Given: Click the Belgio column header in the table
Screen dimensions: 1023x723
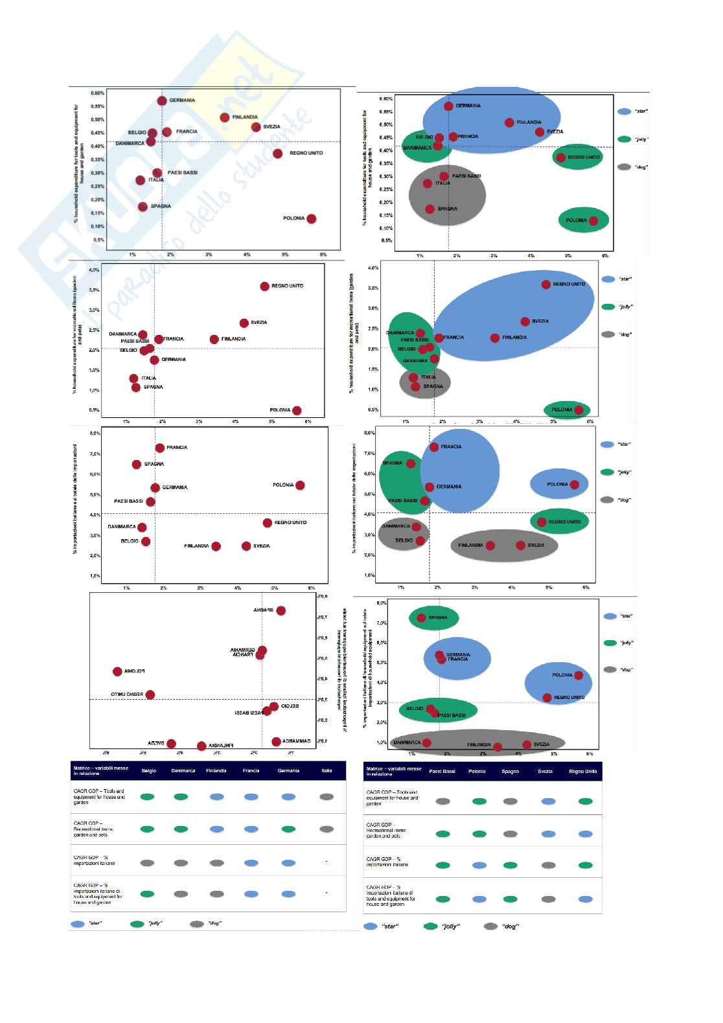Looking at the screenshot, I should [x=148, y=770].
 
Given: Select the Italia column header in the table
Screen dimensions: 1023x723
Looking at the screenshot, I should [x=327, y=770].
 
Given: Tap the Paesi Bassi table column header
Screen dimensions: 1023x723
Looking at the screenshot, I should [x=443, y=771].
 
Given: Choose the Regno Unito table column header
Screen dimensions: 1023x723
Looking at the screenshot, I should [x=583, y=771].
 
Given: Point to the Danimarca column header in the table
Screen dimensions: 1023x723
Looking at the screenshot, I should [x=183, y=770].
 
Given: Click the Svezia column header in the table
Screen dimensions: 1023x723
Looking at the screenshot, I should [x=545, y=771].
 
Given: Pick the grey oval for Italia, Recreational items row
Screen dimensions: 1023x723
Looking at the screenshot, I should [x=327, y=829].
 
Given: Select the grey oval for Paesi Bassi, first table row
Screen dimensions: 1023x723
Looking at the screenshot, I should [x=443, y=801].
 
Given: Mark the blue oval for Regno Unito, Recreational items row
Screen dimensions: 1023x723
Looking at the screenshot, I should [x=585, y=834].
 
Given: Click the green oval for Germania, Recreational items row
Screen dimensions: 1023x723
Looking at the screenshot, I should [x=288, y=829].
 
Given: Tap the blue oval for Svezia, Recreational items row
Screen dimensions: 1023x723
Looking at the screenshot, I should [x=547, y=834].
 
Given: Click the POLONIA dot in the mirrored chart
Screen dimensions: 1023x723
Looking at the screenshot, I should [x=117, y=672].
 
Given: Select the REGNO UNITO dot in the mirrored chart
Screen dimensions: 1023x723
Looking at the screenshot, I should [x=150, y=695].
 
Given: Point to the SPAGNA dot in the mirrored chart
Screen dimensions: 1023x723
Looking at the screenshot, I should [x=281, y=610].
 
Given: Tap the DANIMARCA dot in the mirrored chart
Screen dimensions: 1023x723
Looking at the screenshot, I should [x=276, y=741].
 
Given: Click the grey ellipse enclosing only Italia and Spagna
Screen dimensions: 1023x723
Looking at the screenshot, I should [x=430, y=382].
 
